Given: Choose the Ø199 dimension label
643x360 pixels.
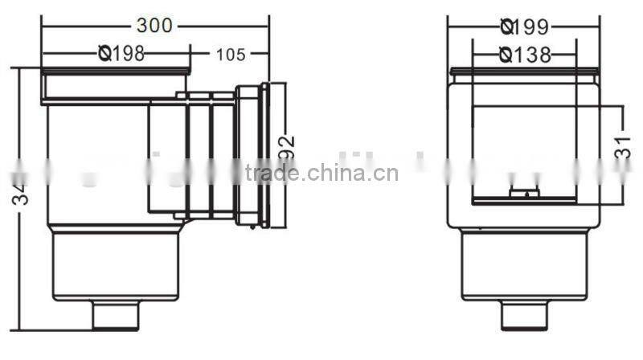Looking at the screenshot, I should (524, 27).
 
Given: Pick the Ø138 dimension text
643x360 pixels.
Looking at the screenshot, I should (525, 55).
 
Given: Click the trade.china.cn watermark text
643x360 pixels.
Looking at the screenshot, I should (321, 173).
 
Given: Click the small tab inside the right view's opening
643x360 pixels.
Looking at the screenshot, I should (525, 193).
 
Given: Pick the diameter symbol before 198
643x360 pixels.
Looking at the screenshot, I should (104, 54).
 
